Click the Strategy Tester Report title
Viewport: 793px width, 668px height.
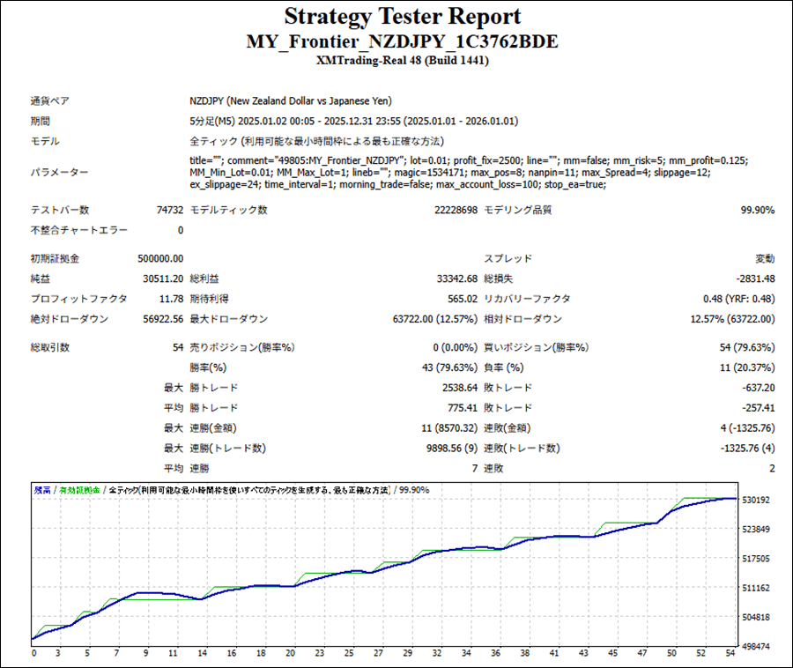[402, 17]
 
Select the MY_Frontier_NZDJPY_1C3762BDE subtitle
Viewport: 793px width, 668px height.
[402, 42]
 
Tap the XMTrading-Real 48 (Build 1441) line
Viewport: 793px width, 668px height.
[402, 61]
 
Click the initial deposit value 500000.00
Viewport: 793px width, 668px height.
[160, 258]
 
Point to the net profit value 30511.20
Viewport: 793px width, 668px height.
[163, 278]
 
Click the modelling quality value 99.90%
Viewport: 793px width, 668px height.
[757, 210]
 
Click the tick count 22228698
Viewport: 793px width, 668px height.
[456, 210]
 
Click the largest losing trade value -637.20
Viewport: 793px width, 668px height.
[757, 388]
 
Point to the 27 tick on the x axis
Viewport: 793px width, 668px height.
[378, 654]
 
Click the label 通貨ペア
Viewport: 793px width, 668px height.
[50, 101]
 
